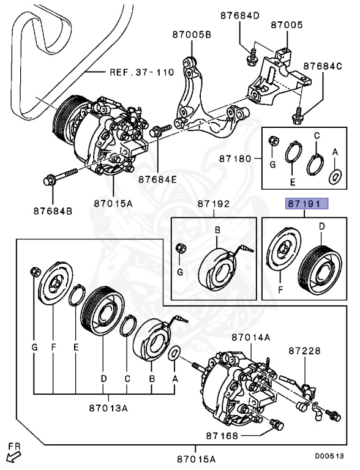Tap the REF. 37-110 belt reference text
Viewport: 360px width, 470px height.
tap(141, 72)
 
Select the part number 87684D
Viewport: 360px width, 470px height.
tap(239, 15)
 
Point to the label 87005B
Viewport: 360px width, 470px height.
tap(192, 35)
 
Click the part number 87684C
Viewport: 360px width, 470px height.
tap(323, 66)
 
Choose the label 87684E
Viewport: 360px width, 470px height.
tap(157, 179)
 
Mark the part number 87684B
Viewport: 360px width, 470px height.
tap(53, 211)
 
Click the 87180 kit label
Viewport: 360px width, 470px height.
tap(235, 159)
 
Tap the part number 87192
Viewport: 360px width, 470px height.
tap(213, 204)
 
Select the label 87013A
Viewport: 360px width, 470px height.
tap(108, 408)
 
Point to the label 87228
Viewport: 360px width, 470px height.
tap(305, 351)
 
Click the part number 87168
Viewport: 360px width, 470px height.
tap(222, 436)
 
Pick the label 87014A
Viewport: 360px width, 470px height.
tap(251, 338)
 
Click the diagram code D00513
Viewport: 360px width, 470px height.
tap(329, 456)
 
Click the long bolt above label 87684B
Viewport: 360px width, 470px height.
tap(60, 177)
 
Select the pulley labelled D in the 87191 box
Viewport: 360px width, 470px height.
tap(320, 270)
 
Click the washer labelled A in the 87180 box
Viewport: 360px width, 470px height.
tap(336, 177)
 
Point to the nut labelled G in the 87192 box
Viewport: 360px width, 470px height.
tap(181, 248)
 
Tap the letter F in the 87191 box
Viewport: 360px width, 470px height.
tap(280, 290)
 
